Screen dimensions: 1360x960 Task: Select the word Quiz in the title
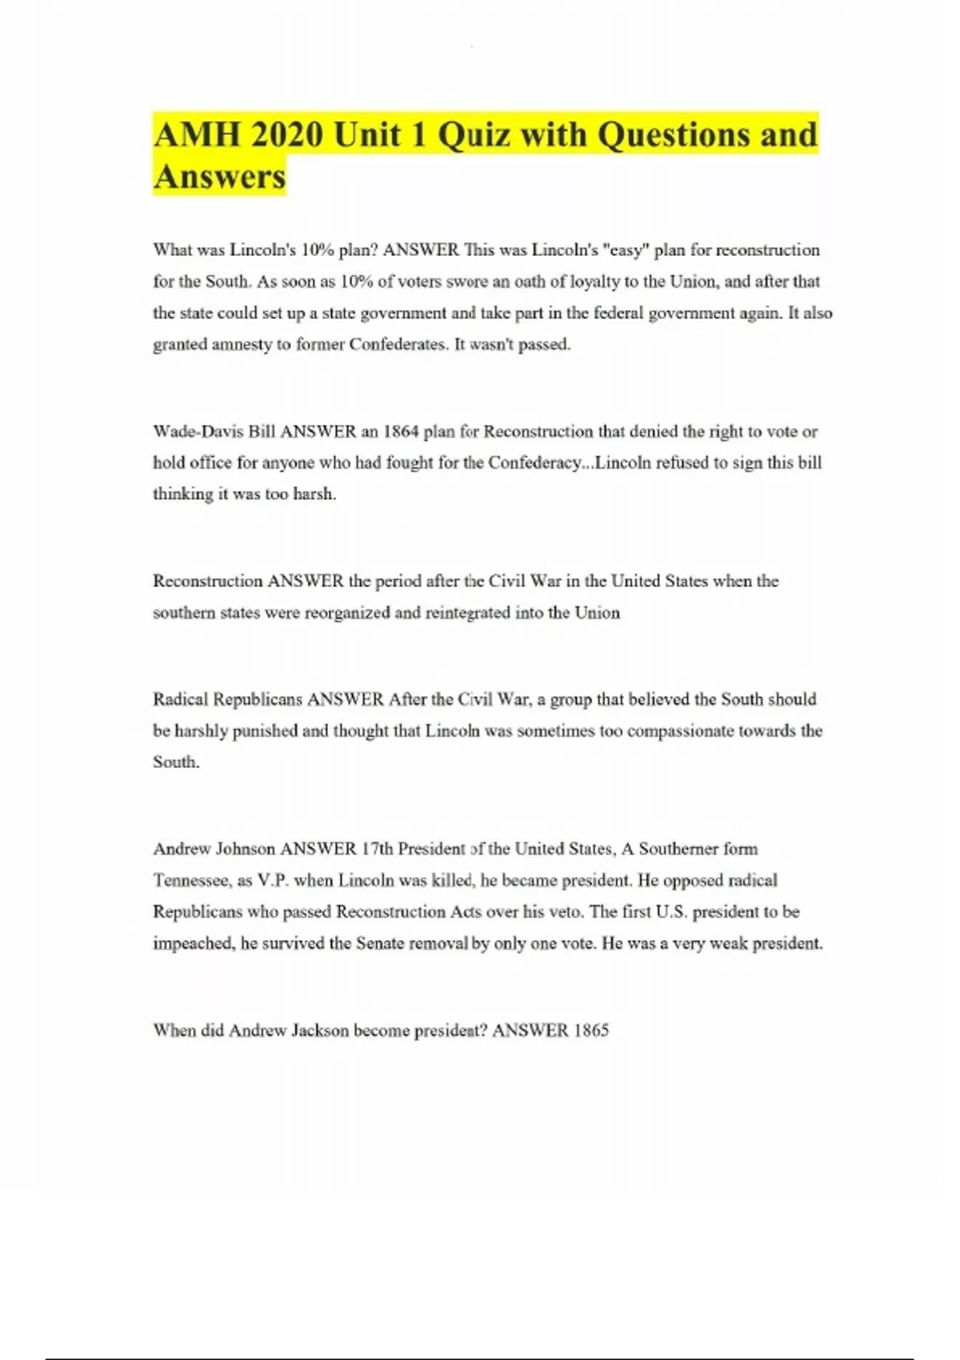point(474,134)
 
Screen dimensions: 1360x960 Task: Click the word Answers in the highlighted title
point(219,177)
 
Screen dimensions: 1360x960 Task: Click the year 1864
point(401,432)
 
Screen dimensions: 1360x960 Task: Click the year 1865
point(591,1030)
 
